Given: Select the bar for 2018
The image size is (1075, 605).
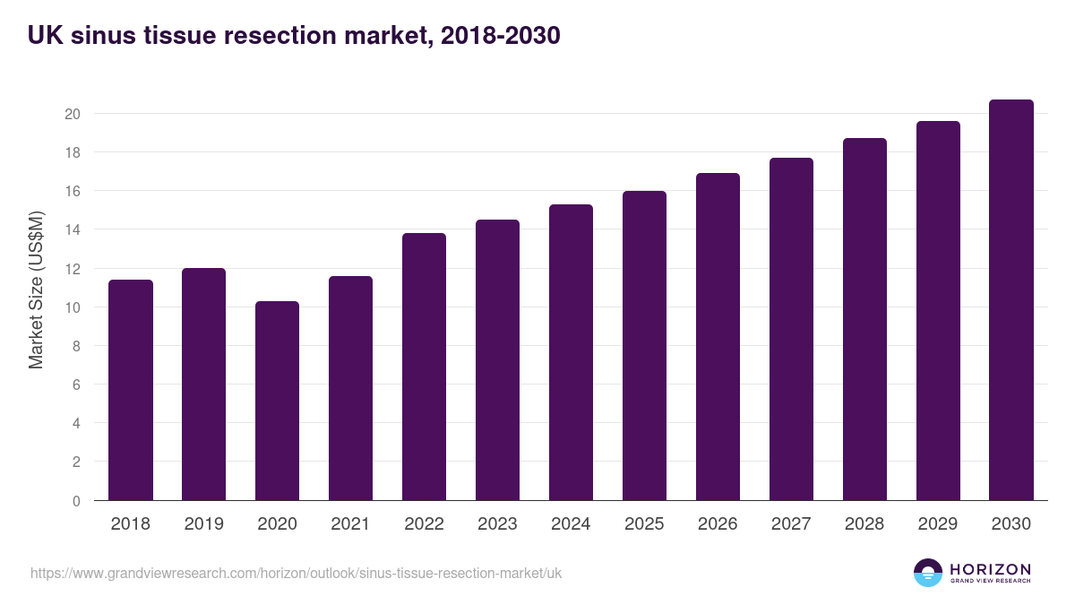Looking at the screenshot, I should click(x=131, y=390).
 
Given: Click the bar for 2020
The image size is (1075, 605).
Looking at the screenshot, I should click(x=277, y=401).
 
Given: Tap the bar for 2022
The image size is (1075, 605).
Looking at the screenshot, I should click(x=424, y=367).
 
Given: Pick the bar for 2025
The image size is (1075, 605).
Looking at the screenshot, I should click(x=644, y=346).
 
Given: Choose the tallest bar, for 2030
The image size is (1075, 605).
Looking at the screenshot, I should click(x=1011, y=300).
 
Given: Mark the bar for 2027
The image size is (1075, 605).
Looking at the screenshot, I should click(x=791, y=329).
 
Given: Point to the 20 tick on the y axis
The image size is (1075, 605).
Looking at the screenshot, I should click(x=73, y=114).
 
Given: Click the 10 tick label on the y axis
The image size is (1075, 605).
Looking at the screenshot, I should click(x=73, y=307).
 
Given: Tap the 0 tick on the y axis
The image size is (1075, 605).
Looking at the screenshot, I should click(x=76, y=501).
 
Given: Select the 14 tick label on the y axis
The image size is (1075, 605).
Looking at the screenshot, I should click(x=73, y=229).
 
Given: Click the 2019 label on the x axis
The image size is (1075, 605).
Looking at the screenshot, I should click(x=204, y=524).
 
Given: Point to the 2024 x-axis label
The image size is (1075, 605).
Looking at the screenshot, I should click(x=571, y=524).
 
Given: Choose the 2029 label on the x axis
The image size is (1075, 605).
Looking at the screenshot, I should click(x=938, y=524).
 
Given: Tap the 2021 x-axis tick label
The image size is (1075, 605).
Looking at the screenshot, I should click(x=350, y=524).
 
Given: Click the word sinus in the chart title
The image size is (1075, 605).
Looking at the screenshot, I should click(x=98, y=36).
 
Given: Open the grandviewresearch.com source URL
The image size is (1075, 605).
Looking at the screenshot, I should click(x=297, y=573).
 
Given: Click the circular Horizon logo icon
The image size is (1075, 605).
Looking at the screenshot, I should click(x=928, y=573).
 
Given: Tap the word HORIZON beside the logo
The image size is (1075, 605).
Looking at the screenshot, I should click(x=990, y=568).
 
